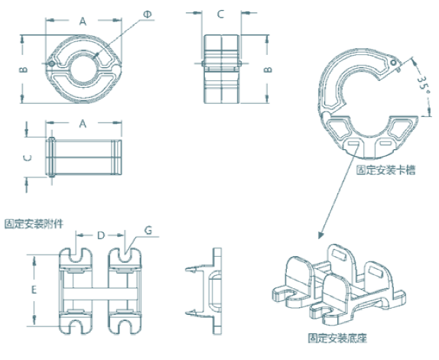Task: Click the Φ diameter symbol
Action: (148, 15)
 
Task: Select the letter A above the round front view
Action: (83, 21)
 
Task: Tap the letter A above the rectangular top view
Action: (83, 124)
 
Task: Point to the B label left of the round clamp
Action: (24, 69)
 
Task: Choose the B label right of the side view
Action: (268, 70)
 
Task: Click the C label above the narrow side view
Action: (220, 14)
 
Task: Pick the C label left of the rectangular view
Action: (28, 158)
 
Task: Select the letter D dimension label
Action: (101, 235)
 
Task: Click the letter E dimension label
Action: (34, 290)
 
